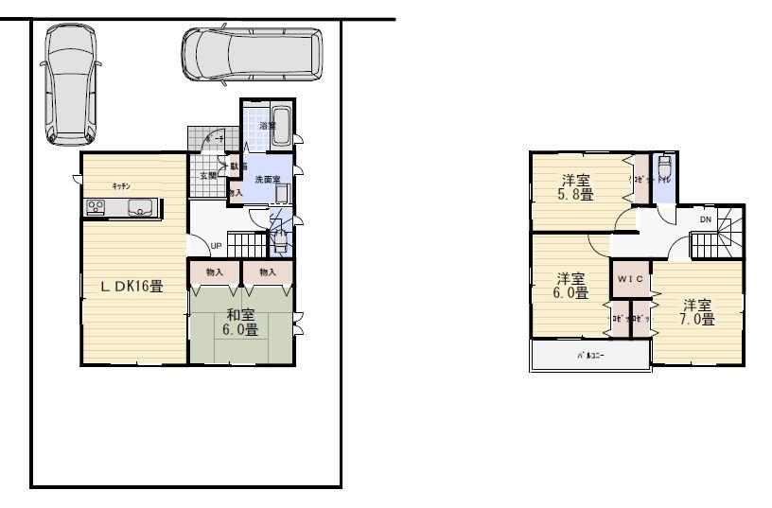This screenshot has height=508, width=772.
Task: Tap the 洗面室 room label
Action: (268, 178)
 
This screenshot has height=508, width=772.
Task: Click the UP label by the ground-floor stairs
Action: (216, 246)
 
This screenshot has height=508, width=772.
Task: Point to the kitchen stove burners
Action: (96, 208)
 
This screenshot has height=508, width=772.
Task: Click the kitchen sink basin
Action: (141, 209)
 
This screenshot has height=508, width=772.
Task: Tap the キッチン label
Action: (120, 185)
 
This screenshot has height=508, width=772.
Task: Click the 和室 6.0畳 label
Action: (241, 323)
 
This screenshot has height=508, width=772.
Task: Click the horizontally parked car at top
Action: (252, 54)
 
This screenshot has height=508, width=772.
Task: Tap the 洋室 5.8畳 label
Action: (576, 187)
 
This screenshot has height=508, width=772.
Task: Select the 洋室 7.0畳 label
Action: (697, 312)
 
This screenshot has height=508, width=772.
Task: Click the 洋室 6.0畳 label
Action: (570, 287)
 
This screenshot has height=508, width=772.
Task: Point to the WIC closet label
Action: (630, 280)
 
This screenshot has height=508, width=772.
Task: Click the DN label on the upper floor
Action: (706, 219)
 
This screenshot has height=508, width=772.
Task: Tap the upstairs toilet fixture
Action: (665, 167)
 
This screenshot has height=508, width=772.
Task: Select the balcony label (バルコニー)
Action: (589, 356)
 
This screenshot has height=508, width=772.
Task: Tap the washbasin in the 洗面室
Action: (282, 194)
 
